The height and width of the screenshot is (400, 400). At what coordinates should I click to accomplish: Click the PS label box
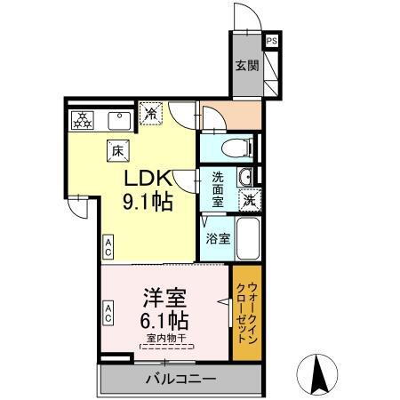(271, 40)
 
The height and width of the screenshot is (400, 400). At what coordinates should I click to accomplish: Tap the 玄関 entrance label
(246, 65)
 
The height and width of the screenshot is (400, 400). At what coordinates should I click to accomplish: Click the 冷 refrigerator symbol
(152, 114)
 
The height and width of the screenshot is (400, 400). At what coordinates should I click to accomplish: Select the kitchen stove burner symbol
(83, 118)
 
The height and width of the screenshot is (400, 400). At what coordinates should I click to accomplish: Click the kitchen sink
(118, 118)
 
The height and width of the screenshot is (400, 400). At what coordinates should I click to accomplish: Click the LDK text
(145, 177)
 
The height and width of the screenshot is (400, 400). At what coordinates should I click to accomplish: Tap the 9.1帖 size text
(147, 201)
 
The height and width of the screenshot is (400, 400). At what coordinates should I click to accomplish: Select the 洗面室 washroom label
(218, 188)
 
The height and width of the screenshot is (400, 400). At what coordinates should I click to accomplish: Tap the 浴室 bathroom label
(218, 238)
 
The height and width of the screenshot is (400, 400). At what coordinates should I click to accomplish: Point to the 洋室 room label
(163, 295)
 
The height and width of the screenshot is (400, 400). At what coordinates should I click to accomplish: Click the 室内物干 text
(163, 337)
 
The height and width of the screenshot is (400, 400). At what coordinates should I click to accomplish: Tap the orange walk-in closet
(247, 313)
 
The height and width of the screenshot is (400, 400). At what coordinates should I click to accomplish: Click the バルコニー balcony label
(180, 380)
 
